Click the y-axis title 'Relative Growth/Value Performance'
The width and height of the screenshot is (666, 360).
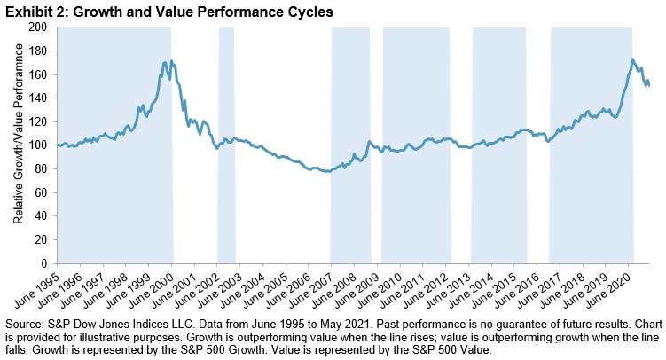[19, 145]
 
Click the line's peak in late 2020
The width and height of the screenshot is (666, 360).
[631, 59]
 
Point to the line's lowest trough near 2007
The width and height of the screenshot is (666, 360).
[327, 172]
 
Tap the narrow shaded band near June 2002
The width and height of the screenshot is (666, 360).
[226, 145]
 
